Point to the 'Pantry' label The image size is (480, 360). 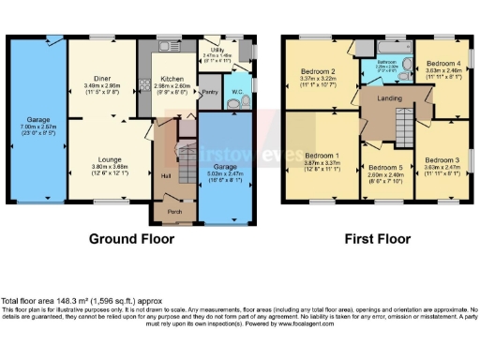209,92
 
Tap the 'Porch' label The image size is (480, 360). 173,211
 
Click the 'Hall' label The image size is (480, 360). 166,174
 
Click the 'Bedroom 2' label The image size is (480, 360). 318,71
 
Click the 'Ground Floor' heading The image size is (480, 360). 131,239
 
